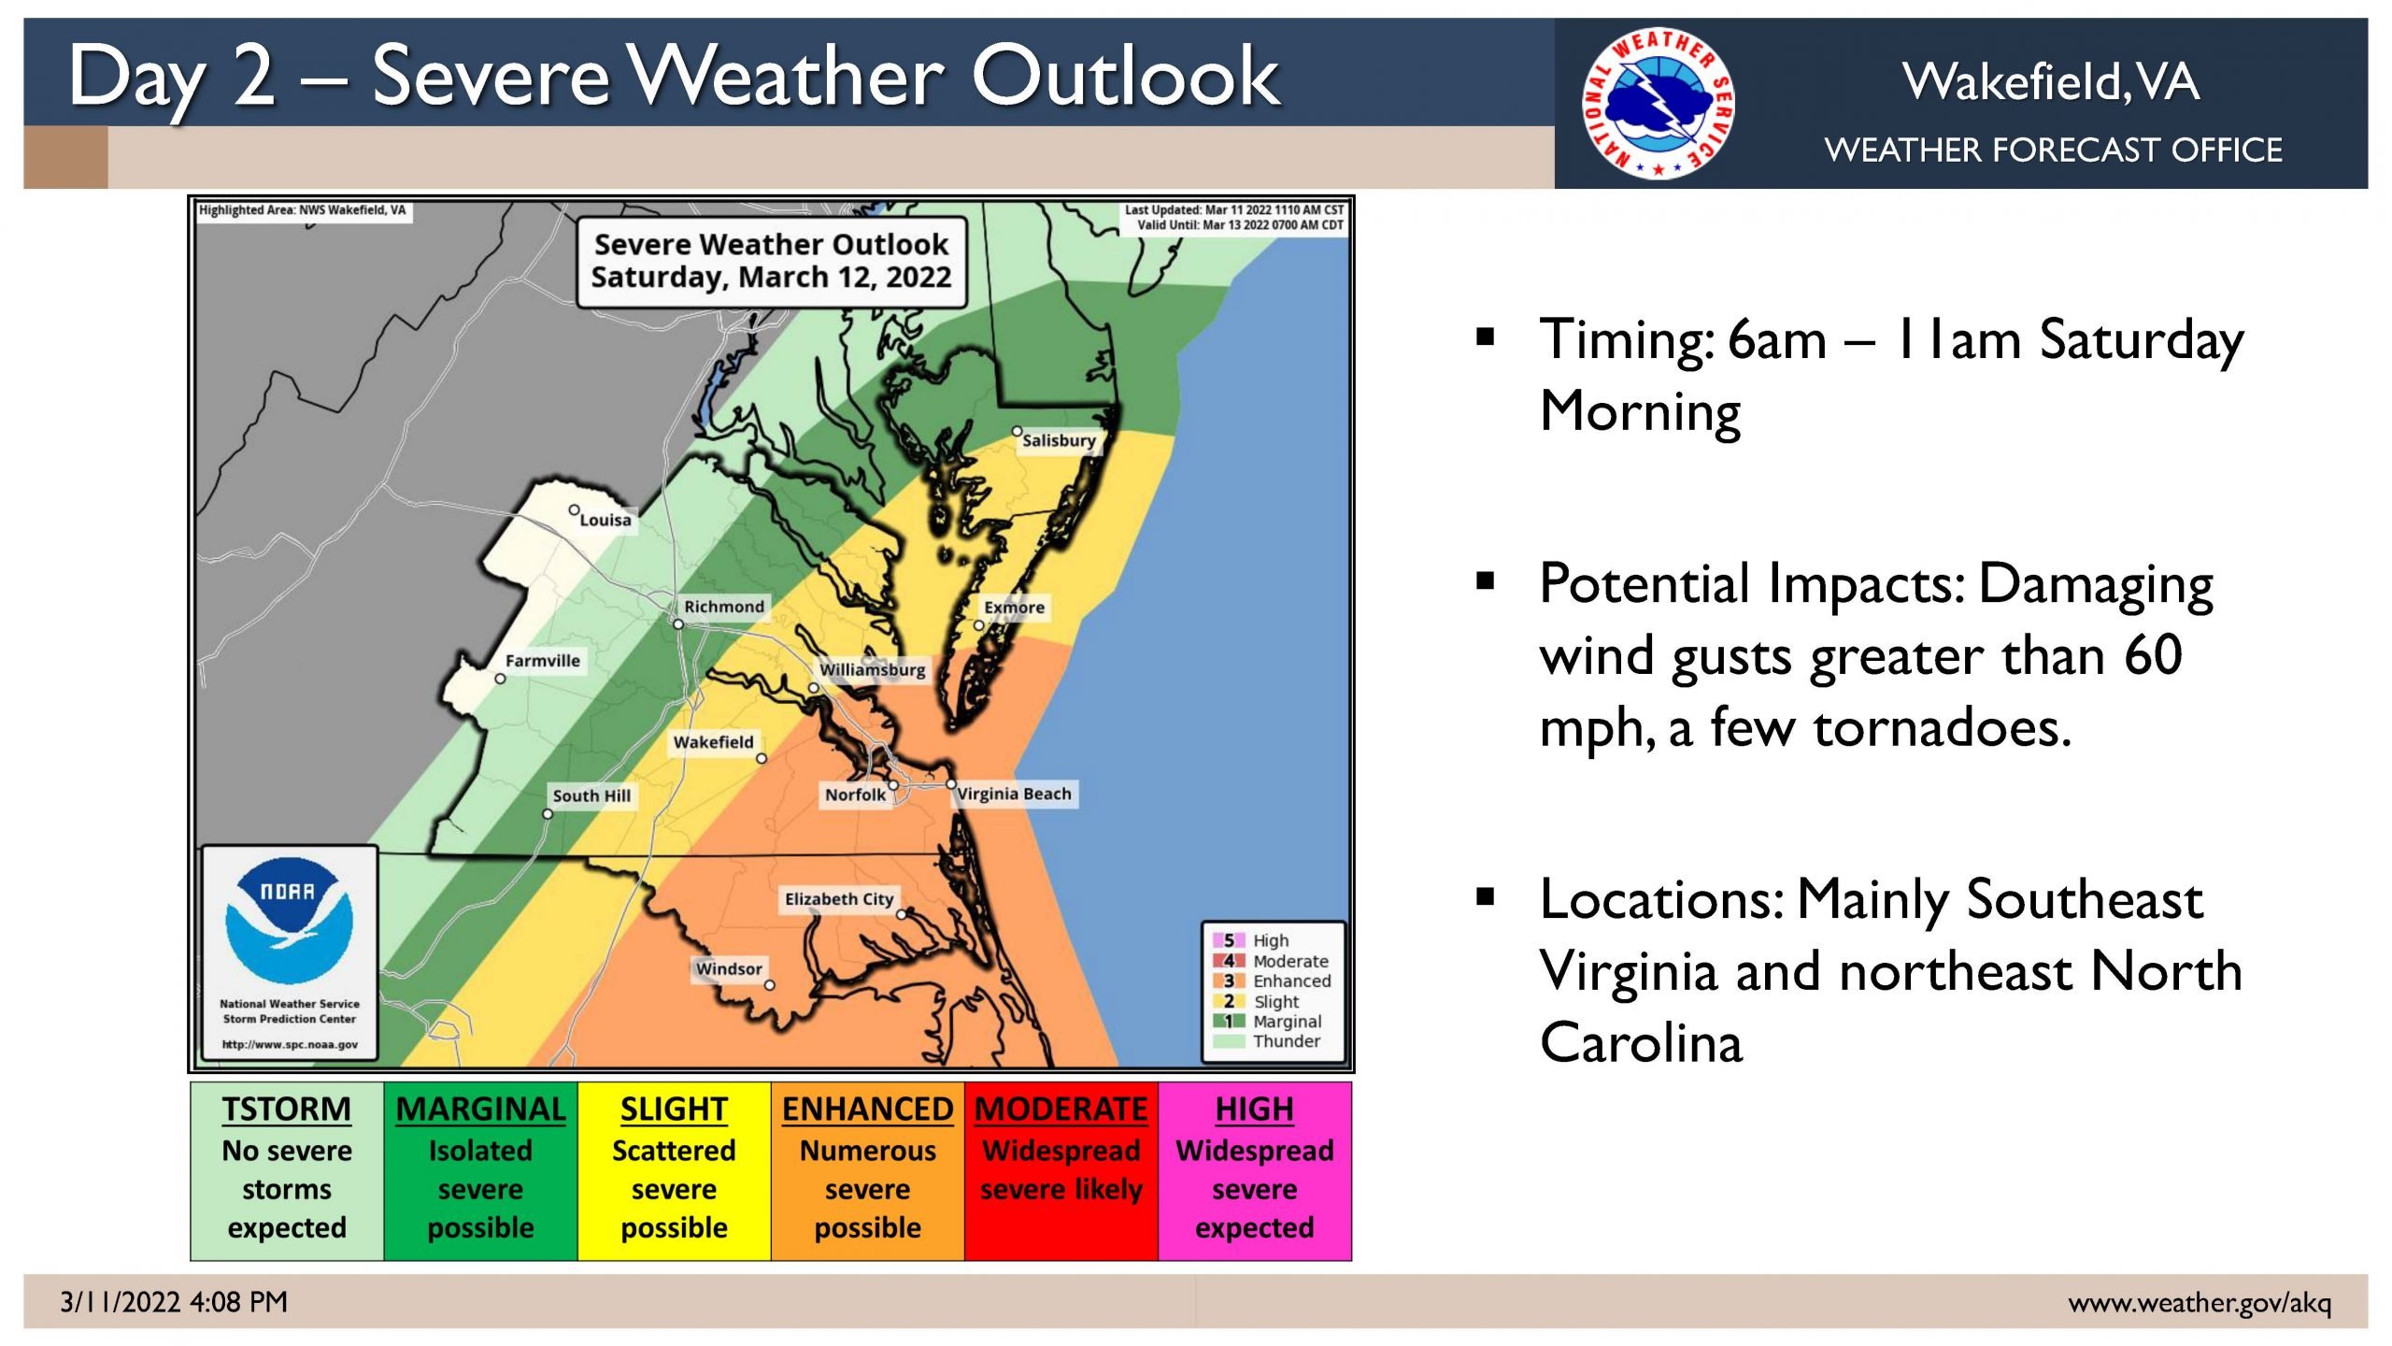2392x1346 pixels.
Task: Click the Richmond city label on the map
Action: pos(724,607)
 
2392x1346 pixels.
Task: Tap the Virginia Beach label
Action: pos(1015,794)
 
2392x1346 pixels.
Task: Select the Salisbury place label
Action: pos(1059,440)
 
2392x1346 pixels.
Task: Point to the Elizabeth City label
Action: pos(839,899)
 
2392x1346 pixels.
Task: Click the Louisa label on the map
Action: pos(605,520)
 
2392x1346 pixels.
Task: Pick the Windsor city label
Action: pos(729,969)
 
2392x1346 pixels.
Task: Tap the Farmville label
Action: pos(543,661)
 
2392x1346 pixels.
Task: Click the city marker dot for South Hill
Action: pos(548,814)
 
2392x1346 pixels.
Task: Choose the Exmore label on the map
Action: pos(1014,608)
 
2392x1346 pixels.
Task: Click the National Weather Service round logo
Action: pos(1658,104)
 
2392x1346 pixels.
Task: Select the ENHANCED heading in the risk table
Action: pos(867,1109)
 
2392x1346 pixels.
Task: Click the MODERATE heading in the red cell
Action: pos(1061,1109)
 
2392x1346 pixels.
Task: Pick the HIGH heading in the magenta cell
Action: pos(1254,1109)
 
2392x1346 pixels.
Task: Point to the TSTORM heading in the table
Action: pos(287,1109)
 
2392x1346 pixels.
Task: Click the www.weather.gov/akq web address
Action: pos(2200,1302)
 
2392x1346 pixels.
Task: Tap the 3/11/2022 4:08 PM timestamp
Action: pos(174,1302)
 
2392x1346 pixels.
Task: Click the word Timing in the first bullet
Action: pos(1627,341)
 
